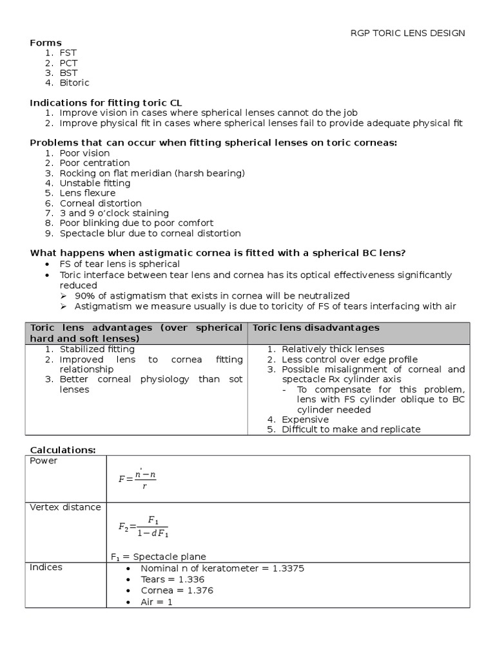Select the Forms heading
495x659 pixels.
point(46,42)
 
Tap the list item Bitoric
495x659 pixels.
point(74,82)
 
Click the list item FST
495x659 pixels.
point(68,53)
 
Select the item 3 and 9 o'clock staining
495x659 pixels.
point(114,212)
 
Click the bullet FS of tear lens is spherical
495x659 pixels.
point(119,264)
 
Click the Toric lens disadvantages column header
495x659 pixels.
point(316,328)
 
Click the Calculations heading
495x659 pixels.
point(63,449)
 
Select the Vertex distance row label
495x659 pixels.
point(65,507)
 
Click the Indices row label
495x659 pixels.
point(46,567)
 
